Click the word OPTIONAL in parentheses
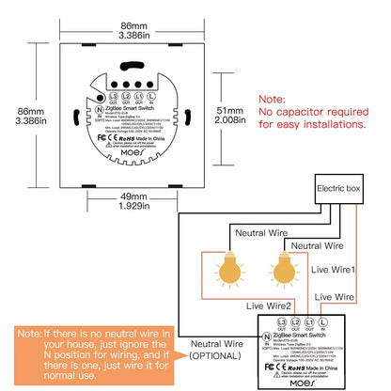[219, 355]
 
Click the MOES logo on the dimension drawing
[129, 151]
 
